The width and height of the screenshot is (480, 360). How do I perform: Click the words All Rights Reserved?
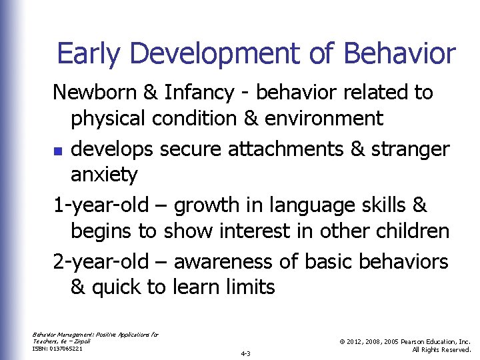pyautogui.click(x=441, y=349)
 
